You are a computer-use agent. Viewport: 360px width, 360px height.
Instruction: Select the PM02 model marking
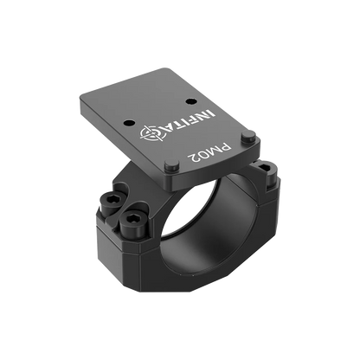209,153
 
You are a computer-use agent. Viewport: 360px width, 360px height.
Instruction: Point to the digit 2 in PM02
193,158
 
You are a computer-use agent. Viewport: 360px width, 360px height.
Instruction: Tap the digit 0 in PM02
203,155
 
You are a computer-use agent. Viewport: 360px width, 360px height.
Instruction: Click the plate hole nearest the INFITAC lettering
190,101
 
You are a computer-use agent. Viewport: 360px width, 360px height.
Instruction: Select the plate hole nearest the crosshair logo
129,123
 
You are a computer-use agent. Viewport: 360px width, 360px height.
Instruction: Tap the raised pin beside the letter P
248,136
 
